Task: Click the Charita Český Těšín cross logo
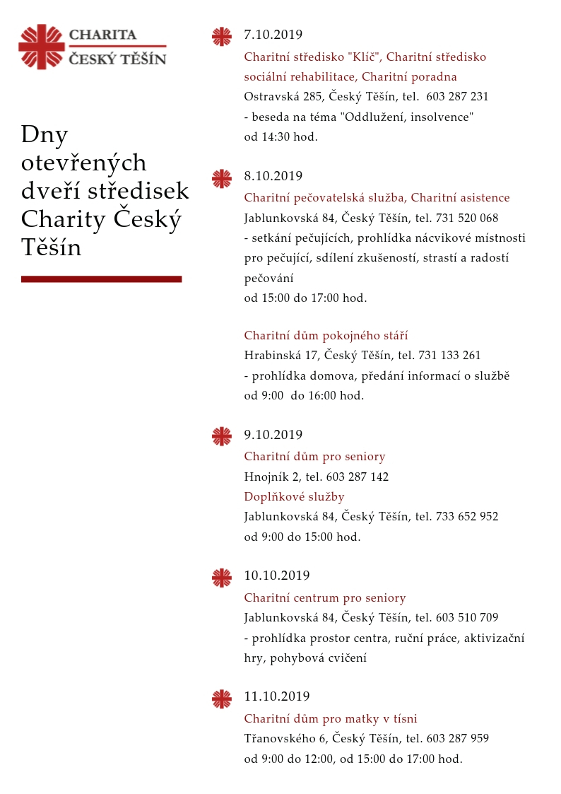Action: coord(42,47)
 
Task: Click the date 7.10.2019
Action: coord(273,35)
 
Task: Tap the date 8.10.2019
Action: coord(273,176)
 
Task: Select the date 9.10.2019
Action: coord(273,435)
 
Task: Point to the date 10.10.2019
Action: coord(276,576)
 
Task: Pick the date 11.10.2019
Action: coord(276,696)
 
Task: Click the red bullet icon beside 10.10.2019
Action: coord(222,578)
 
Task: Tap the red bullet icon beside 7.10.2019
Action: coord(222,37)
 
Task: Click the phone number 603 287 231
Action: coord(457,97)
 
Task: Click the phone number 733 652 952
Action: coord(467,517)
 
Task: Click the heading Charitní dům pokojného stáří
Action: coord(326,336)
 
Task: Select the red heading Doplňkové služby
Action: coord(294,497)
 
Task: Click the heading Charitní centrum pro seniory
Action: coord(325,598)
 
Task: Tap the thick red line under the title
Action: coord(101,279)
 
